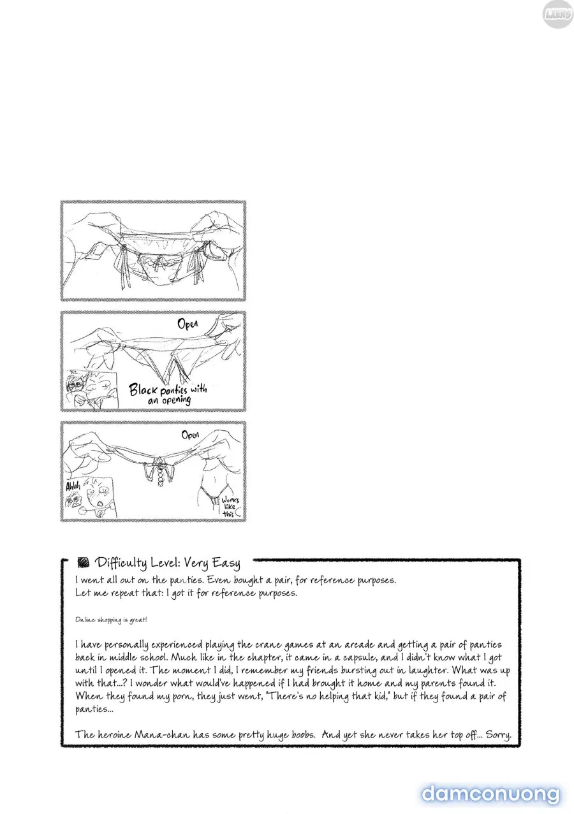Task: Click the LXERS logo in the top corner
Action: click(x=557, y=15)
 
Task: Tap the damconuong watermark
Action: click(x=490, y=794)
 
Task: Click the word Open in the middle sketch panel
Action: click(x=188, y=324)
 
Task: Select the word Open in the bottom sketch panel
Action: click(x=190, y=434)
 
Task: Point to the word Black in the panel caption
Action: click(x=143, y=390)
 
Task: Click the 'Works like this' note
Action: click(x=230, y=507)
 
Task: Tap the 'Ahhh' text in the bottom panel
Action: click(x=73, y=486)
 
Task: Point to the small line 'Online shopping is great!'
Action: click(x=111, y=620)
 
